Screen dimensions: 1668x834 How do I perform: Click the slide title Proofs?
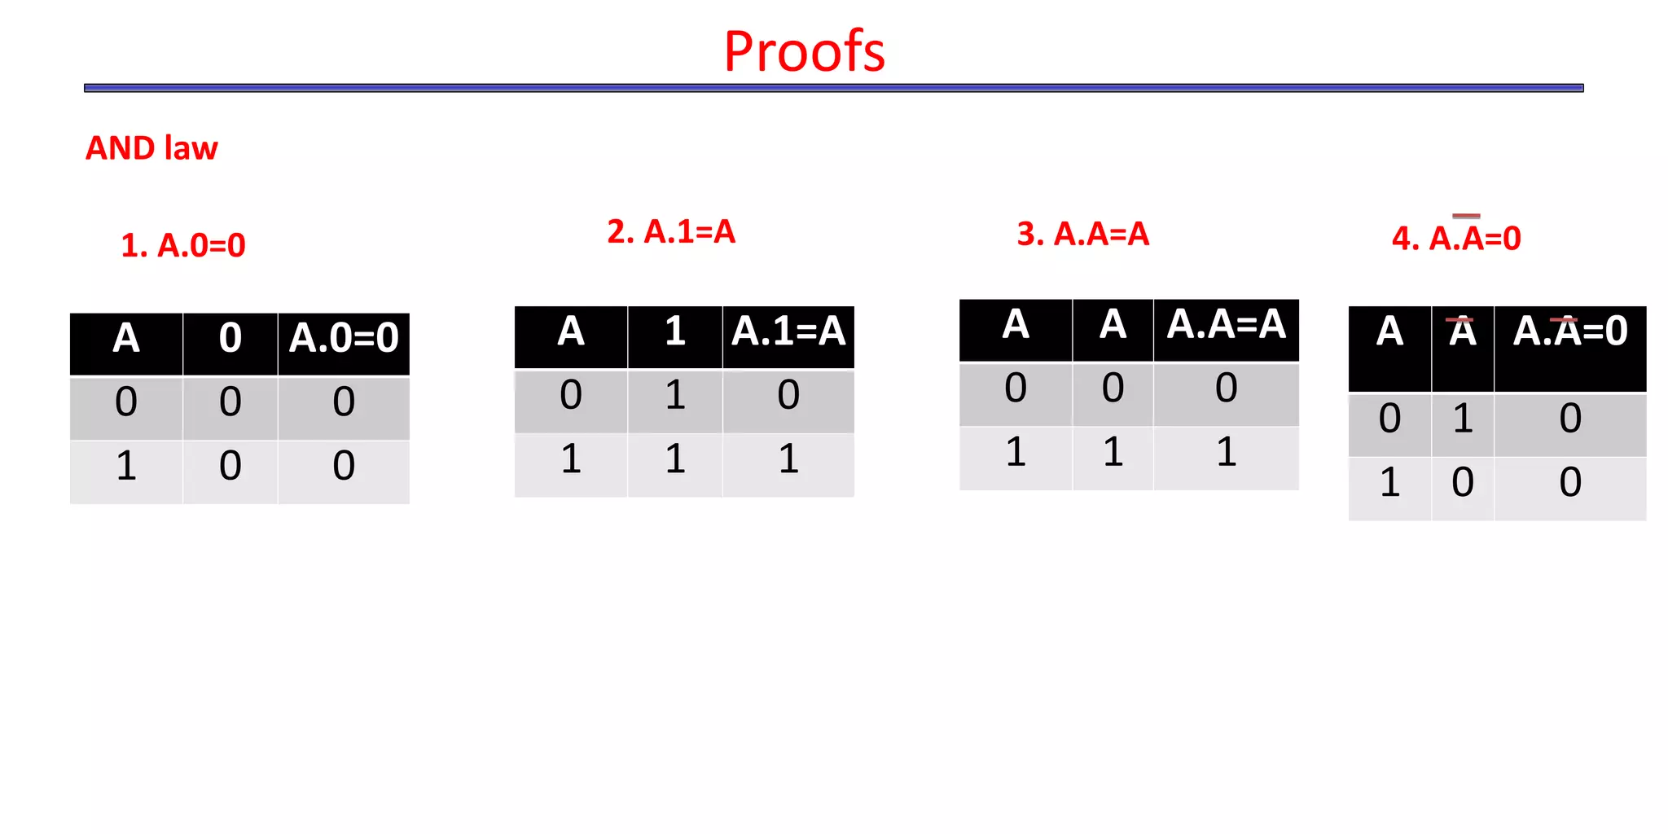[804, 51]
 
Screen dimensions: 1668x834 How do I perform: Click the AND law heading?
[151, 148]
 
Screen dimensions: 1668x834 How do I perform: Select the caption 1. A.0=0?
[183, 245]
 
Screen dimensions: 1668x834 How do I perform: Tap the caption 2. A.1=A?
[671, 232]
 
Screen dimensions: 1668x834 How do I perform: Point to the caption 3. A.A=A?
[1082, 235]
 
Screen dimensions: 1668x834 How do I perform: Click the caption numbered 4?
[1456, 238]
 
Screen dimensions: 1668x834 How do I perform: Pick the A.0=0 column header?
[344, 338]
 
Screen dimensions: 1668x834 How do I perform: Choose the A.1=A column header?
[788, 331]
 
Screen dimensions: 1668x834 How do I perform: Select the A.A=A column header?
[1226, 324]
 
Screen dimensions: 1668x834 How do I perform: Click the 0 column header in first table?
[230, 338]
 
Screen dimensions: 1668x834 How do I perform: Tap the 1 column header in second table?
[675, 331]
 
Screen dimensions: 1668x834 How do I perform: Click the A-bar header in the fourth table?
[1463, 332]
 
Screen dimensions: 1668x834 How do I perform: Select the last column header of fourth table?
[1570, 331]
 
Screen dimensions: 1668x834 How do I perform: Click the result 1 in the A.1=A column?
[788, 459]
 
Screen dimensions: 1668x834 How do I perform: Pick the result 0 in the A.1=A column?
[788, 395]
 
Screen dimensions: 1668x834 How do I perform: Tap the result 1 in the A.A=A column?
[1226, 452]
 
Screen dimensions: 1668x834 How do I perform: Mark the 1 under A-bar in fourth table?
[1463, 419]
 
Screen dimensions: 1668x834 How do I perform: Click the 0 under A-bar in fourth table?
[1463, 483]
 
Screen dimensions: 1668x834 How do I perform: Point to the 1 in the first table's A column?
[126, 467]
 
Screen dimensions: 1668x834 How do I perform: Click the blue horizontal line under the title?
[833, 88]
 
